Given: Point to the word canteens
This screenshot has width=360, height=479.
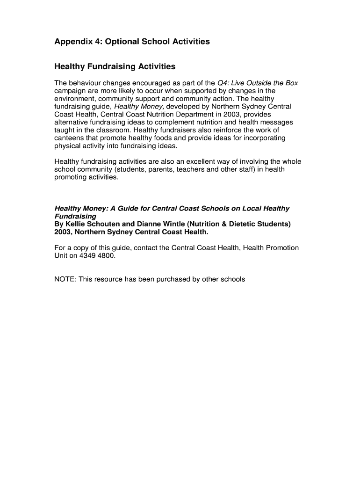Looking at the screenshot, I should coord(69,138).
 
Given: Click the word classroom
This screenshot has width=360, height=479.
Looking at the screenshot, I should coord(113,130).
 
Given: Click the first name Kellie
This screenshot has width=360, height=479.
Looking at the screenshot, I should coord(75,224).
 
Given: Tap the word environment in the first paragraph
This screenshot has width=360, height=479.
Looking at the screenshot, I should coord(76,99).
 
